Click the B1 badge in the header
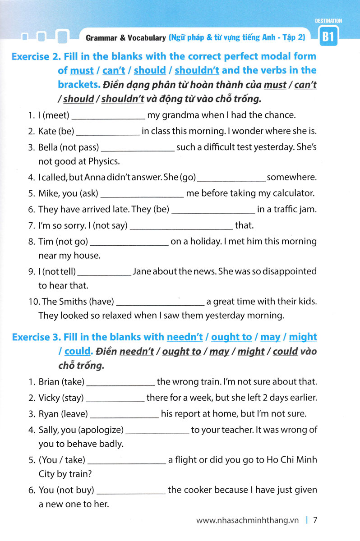click(x=328, y=38)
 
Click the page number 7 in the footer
click(x=316, y=520)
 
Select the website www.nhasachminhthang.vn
click(x=248, y=520)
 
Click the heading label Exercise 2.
click(x=36, y=57)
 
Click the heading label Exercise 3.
click(x=36, y=337)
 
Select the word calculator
click(x=291, y=193)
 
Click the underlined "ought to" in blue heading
click(x=231, y=337)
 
